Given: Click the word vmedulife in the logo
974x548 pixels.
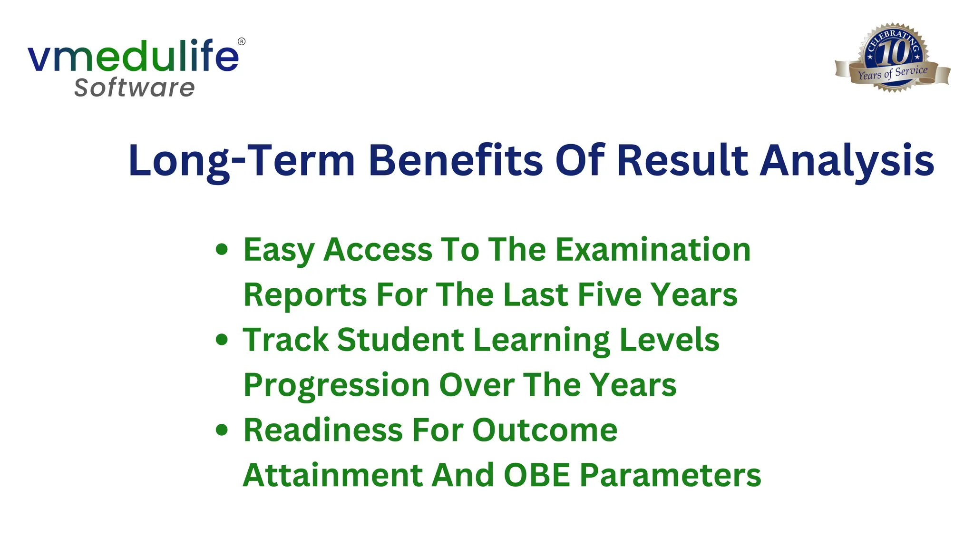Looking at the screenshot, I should [133, 57].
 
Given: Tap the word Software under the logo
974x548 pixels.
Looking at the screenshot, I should [135, 88].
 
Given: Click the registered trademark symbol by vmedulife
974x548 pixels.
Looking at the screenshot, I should [242, 41].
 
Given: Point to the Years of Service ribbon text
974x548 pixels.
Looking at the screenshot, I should [893, 73].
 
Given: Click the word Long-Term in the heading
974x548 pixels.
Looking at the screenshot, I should [242, 161].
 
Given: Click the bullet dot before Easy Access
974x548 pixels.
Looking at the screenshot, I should [222, 249].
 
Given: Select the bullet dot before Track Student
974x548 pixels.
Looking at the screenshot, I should [222, 339].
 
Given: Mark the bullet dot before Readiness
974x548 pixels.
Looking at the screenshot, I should [222, 430].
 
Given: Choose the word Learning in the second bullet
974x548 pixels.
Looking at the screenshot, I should [542, 340].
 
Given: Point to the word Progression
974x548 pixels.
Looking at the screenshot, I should [336, 385].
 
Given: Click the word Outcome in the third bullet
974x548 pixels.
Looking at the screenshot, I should [545, 430].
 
